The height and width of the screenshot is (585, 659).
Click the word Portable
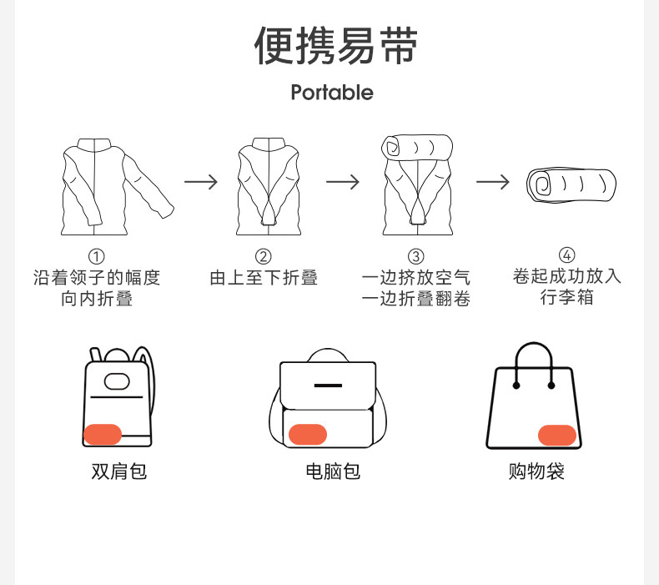pos(332,93)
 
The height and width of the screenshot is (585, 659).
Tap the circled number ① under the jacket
pos(97,256)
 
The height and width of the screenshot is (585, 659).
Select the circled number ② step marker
pos(264,256)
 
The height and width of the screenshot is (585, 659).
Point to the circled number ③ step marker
pos(415,256)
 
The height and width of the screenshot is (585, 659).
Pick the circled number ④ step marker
pos(567,255)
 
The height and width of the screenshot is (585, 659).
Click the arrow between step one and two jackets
pos(200,181)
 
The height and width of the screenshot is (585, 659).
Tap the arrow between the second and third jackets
pos(342,181)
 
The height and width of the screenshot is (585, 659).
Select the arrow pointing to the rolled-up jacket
pos(492,181)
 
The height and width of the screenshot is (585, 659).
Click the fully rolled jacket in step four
pos(571,184)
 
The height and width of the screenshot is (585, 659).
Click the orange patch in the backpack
pos(103,434)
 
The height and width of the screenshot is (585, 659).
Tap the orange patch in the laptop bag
pos(307,435)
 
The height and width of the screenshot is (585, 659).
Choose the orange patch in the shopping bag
pos(557,435)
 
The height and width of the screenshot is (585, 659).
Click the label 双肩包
pos(118,472)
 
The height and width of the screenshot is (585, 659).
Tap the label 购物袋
pos(536,472)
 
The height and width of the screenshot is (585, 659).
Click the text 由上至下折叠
pos(264,278)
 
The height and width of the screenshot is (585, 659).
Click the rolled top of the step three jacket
pos(416,147)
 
